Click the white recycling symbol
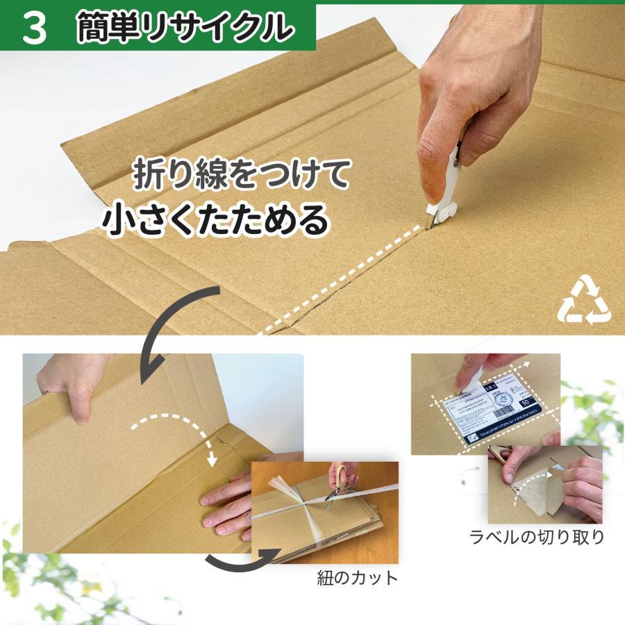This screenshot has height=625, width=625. pyautogui.click(x=583, y=300)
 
